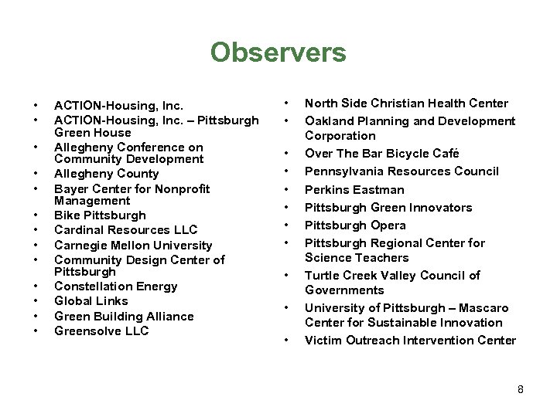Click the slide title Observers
[x=278, y=53]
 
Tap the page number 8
[x=521, y=389]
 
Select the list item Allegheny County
[x=105, y=174]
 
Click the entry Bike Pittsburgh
[x=100, y=215]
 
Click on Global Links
[x=91, y=300]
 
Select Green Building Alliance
[x=124, y=316]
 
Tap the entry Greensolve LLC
[x=101, y=331]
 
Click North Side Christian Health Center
[x=406, y=103]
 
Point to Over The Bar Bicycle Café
[x=382, y=153]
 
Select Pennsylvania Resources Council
[x=402, y=171]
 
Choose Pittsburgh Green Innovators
[x=388, y=207]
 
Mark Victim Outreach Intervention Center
[x=410, y=340]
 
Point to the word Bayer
[x=70, y=188]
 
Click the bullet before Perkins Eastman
[x=286, y=189]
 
